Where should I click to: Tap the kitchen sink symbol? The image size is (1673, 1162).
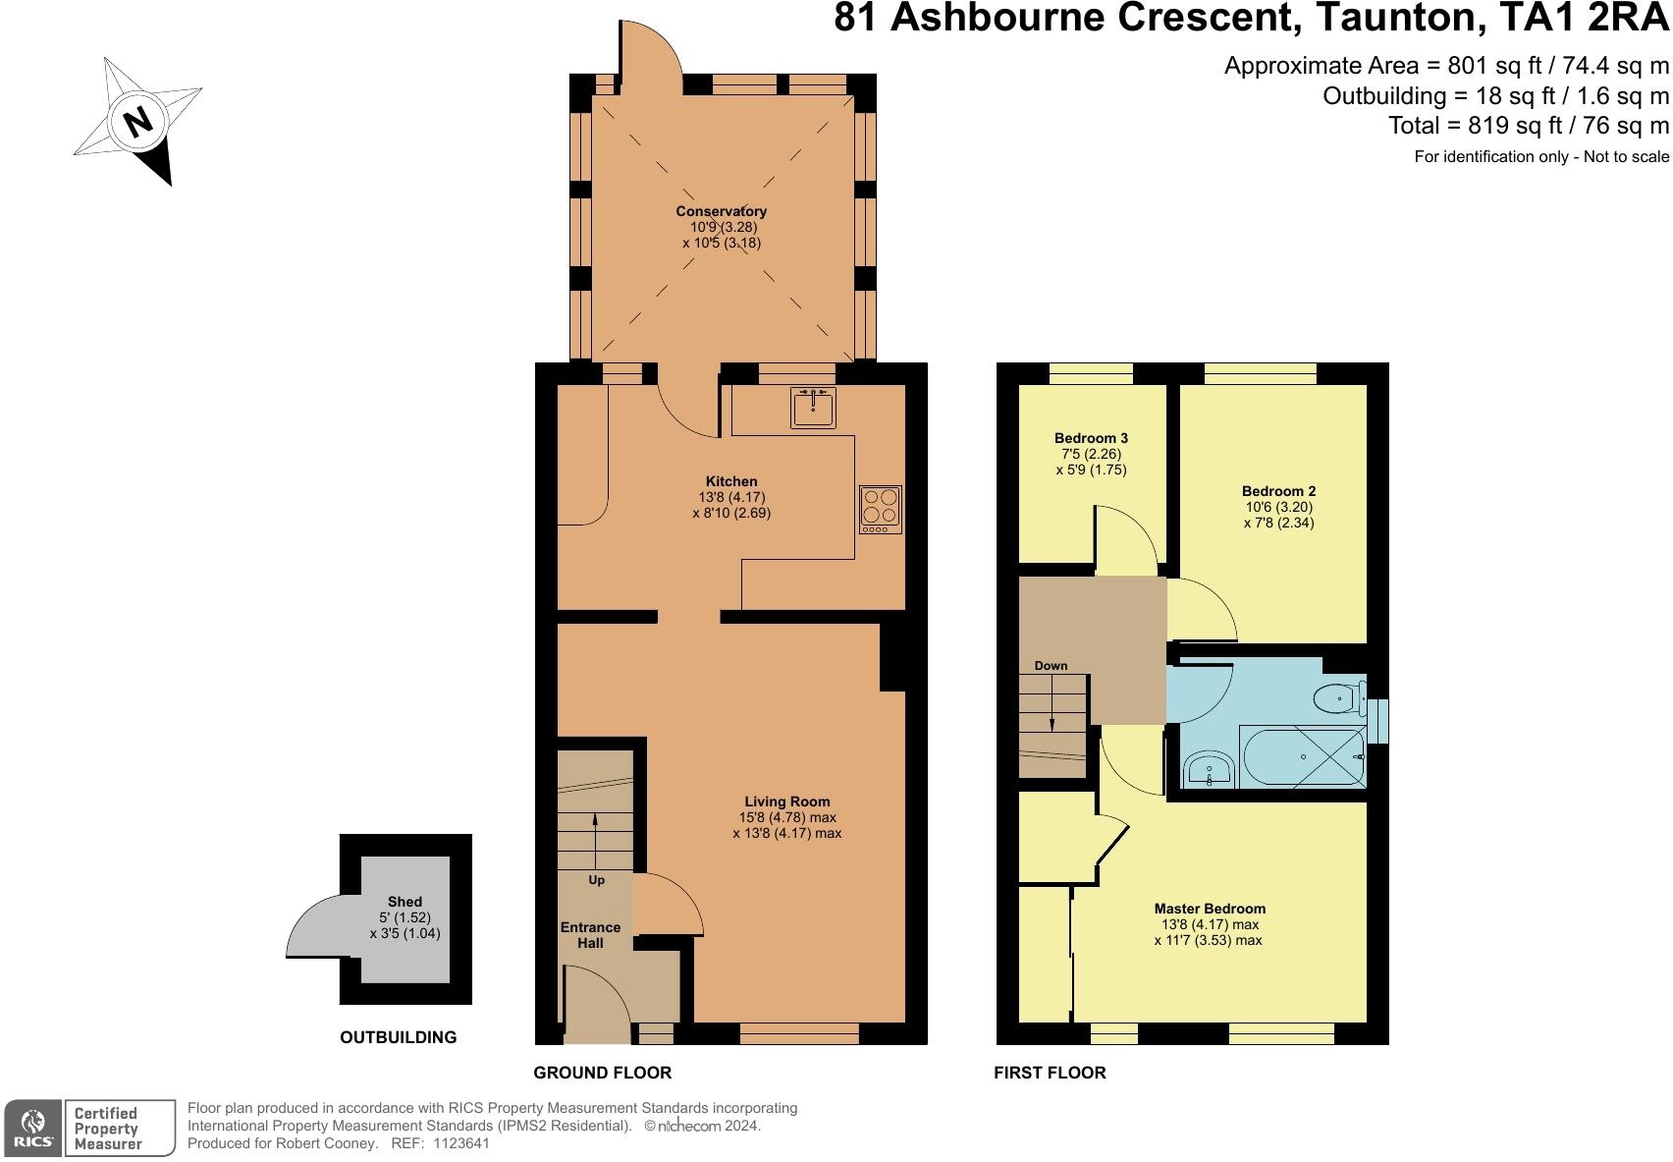(813, 408)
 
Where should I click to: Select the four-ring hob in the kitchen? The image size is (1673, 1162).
(881, 510)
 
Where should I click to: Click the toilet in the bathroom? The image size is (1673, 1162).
(1340, 698)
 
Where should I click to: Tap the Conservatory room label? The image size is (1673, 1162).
(722, 211)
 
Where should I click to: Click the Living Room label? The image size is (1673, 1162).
(787, 802)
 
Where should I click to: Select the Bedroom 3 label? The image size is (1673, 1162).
(1091, 438)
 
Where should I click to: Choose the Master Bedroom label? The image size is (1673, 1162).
(1210, 909)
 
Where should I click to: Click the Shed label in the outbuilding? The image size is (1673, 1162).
(405, 902)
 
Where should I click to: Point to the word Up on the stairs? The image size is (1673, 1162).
(596, 880)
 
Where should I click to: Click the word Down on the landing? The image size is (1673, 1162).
(1051, 666)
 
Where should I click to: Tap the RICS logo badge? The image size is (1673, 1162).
(32, 1128)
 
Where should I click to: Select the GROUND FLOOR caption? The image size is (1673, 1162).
(603, 1073)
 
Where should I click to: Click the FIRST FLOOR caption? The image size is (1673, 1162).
(1051, 1073)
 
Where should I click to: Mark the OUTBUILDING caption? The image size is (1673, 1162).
(398, 1037)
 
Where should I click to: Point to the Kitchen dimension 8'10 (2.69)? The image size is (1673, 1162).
(732, 514)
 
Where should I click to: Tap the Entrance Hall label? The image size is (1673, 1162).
(591, 935)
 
